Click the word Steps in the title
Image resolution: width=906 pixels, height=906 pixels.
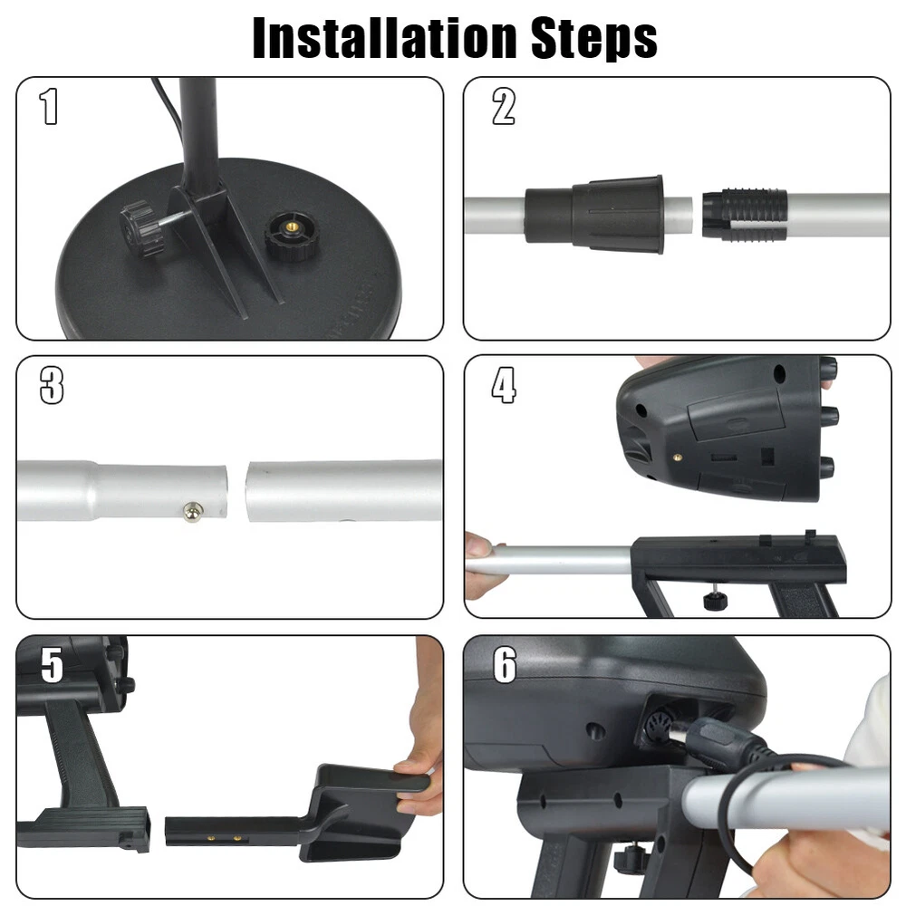(x=594, y=39)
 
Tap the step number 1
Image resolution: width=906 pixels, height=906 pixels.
(x=49, y=106)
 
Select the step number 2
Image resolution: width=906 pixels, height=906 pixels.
(x=503, y=106)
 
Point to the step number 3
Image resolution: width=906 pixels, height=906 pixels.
(x=52, y=385)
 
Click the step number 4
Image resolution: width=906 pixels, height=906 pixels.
(x=503, y=385)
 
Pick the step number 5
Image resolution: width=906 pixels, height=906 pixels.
(x=52, y=664)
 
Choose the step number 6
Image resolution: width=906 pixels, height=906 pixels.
(x=505, y=664)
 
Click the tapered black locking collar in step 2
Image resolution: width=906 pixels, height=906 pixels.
(x=594, y=215)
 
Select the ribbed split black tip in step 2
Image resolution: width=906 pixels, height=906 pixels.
(x=745, y=215)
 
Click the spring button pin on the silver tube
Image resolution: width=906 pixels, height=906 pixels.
(x=193, y=511)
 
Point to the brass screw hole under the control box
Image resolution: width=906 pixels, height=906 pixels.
(x=677, y=457)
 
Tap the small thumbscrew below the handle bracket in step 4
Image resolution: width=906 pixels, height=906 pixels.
(x=716, y=599)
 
